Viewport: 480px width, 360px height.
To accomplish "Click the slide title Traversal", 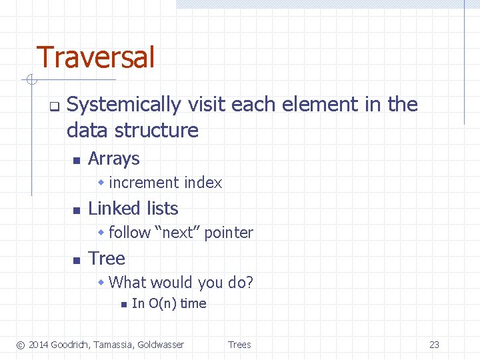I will (95, 57).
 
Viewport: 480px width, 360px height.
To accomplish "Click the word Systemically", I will (124, 105).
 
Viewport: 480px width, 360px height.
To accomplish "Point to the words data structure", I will (133, 130).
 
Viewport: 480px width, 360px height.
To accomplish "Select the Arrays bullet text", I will (113, 159).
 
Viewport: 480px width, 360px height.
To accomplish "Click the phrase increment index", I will (165, 183).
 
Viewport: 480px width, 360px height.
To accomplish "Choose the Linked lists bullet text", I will (133, 209).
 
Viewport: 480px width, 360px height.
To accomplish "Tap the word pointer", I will (229, 233).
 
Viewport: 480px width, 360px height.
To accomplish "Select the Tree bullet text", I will (107, 259).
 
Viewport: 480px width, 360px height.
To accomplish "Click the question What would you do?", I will (181, 283).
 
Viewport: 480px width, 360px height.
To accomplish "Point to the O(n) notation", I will (163, 304).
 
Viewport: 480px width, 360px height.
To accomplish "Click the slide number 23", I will (434, 345).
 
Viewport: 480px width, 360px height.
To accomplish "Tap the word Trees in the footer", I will (239, 345).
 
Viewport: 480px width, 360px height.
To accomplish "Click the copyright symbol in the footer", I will (20, 345).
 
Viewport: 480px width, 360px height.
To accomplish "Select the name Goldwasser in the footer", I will (160, 345).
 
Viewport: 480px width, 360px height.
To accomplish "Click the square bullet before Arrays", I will (76, 160).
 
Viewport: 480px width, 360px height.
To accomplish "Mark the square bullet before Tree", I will (76, 260).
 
